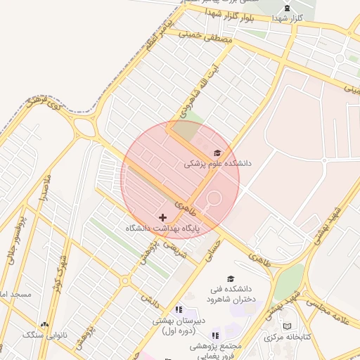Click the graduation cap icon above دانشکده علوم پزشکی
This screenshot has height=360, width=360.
[217, 153]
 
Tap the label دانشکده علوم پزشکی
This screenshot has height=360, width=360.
[217, 163]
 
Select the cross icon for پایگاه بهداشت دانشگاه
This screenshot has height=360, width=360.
[163, 218]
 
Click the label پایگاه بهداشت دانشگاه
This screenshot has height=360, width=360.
[163, 229]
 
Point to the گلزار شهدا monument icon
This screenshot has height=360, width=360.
[288, 8]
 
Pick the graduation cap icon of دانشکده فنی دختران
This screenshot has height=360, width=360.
[230, 279]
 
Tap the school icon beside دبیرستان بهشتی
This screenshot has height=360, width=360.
[179, 309]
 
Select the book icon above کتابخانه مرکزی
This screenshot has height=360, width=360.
[286, 326]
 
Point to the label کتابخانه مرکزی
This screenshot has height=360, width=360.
[286, 337]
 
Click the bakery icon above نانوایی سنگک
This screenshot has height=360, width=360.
[45, 324]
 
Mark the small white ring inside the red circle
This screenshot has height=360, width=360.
[214, 198]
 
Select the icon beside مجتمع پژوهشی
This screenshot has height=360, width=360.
[215, 336]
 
